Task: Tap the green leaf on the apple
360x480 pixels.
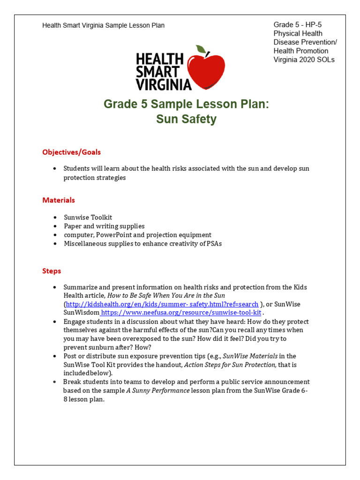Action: point(201,49)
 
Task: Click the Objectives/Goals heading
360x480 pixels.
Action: point(71,152)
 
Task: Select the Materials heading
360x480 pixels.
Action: point(59,200)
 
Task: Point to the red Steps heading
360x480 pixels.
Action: point(52,271)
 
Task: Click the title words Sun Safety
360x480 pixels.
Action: point(186,119)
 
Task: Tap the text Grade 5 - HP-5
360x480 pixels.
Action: point(297,24)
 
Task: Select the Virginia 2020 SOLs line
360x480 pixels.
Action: point(304,60)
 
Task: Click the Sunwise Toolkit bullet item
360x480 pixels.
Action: point(88,217)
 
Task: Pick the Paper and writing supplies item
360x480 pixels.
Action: point(104,226)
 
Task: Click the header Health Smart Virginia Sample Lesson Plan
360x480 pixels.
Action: point(103,25)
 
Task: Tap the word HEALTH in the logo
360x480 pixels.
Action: point(159,59)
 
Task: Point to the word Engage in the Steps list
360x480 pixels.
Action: point(74,322)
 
